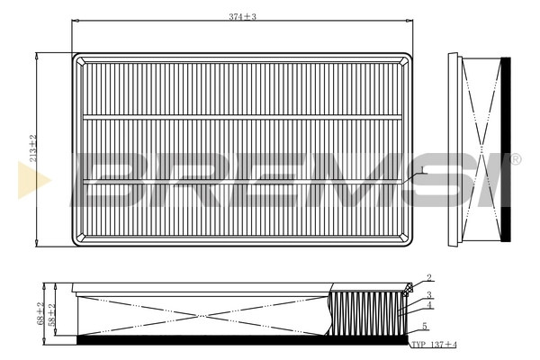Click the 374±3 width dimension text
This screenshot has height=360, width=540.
coord(242,18)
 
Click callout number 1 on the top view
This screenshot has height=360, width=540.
coord(420,169)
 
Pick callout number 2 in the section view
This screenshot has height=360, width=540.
coord(429,278)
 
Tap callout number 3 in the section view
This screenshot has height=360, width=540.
coord(430,294)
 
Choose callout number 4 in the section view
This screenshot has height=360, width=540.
coord(430,305)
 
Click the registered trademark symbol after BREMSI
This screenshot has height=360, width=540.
coord(515,159)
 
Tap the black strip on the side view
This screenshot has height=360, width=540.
coord(504,148)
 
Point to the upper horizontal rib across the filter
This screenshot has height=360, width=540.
coord(243,116)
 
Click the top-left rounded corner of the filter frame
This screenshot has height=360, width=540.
coord(78,58)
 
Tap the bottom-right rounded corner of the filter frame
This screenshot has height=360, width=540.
coord(408,239)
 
